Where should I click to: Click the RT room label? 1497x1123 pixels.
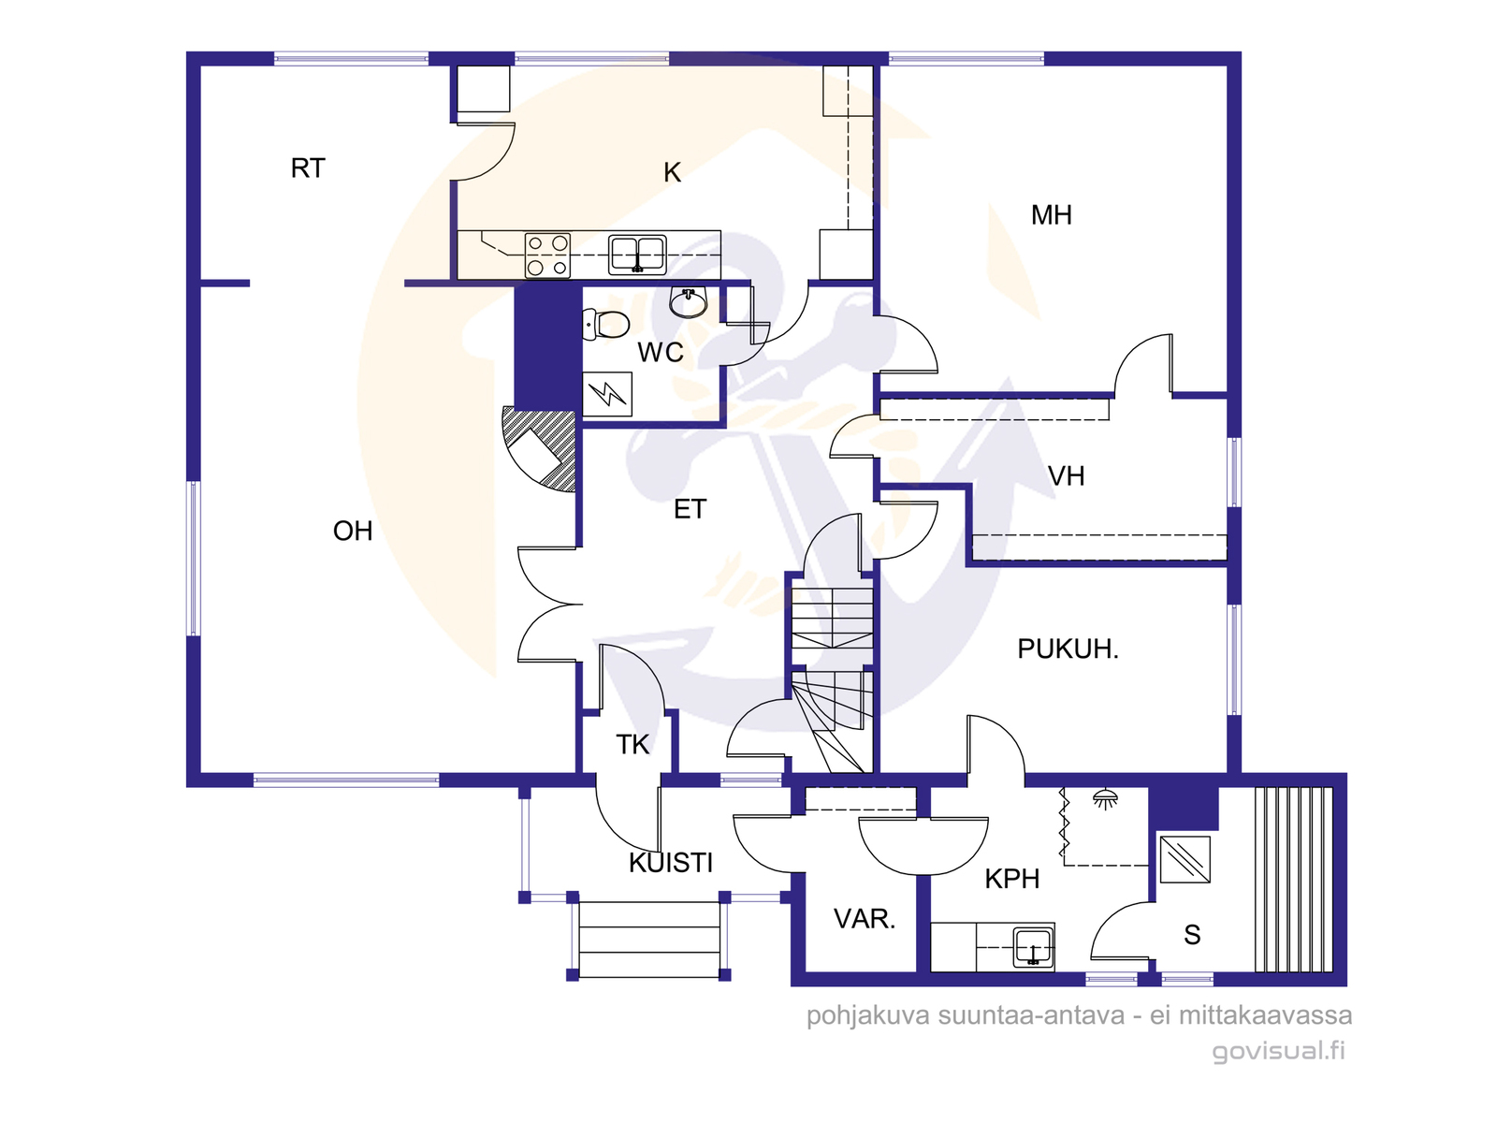(x=308, y=168)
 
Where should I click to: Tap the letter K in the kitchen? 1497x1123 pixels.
(x=672, y=172)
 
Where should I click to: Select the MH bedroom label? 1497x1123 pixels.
(x=1051, y=215)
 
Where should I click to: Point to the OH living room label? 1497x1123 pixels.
(x=353, y=531)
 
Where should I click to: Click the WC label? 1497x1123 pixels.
(x=661, y=353)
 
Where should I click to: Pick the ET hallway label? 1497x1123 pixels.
(x=690, y=509)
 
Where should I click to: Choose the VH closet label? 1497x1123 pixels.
(x=1066, y=476)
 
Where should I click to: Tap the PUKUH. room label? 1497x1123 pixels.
(x=1068, y=649)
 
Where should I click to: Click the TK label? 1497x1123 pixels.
(x=632, y=745)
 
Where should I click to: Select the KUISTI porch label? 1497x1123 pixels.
(x=671, y=863)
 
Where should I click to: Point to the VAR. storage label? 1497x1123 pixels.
(x=865, y=919)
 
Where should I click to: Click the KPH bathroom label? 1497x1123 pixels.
(x=1012, y=879)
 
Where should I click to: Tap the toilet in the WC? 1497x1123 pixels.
(x=605, y=325)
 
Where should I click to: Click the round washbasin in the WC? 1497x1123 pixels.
(x=688, y=302)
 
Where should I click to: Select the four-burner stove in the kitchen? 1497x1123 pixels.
(x=547, y=255)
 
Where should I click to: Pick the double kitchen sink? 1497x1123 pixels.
(x=637, y=255)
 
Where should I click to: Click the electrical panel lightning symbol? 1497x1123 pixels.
(x=607, y=394)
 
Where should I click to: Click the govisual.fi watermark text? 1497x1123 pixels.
(x=1278, y=1050)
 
